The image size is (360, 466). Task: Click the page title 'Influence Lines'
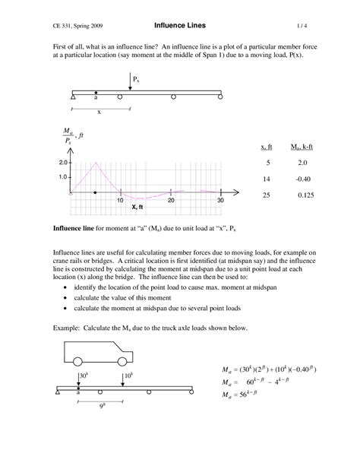pyautogui.click(x=179, y=25)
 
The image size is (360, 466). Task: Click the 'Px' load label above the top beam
pyautogui.click(x=135, y=79)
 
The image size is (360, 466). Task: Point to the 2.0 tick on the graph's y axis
pyautogui.click(x=62, y=163)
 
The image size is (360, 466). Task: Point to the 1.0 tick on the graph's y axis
pyautogui.click(x=62, y=178)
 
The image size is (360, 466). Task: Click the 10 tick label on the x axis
pyautogui.click(x=120, y=200)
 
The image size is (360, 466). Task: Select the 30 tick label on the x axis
pyautogui.click(x=220, y=200)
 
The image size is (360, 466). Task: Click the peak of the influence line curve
pyautogui.click(x=96, y=163)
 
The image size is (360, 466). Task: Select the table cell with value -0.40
pyautogui.click(x=298, y=179)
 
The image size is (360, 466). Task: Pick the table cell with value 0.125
pyautogui.click(x=298, y=195)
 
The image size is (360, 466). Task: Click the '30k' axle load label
pyautogui.click(x=84, y=376)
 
